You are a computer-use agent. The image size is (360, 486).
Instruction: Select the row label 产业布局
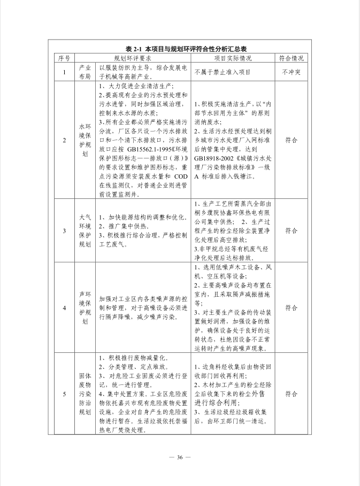[85, 72]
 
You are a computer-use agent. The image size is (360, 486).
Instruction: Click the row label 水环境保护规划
[85, 140]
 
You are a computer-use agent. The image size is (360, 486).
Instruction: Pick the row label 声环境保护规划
[85, 308]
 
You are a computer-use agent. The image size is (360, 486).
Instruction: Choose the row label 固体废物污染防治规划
[85, 394]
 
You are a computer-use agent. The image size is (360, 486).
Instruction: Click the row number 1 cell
[64, 72]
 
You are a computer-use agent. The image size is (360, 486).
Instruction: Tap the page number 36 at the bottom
[180, 457]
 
